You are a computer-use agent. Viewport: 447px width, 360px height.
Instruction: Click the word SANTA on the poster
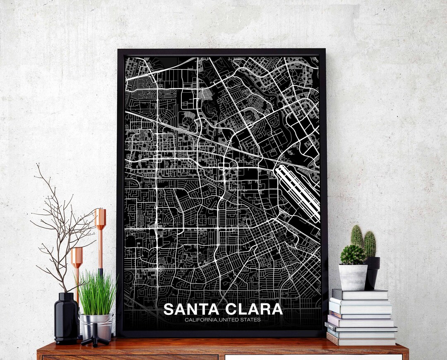tap(190, 309)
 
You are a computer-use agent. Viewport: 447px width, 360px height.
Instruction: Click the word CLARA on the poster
tap(254, 309)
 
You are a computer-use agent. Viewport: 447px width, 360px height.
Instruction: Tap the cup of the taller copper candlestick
tap(100, 218)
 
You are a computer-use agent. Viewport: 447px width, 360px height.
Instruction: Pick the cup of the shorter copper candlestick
tap(77, 257)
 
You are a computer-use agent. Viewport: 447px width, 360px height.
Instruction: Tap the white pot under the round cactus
tap(353, 277)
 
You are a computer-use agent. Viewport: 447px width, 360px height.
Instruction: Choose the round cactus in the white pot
tap(353, 254)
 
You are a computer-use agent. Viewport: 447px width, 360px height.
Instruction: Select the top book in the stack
tap(360, 294)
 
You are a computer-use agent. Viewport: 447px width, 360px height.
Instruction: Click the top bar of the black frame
tap(221, 52)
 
